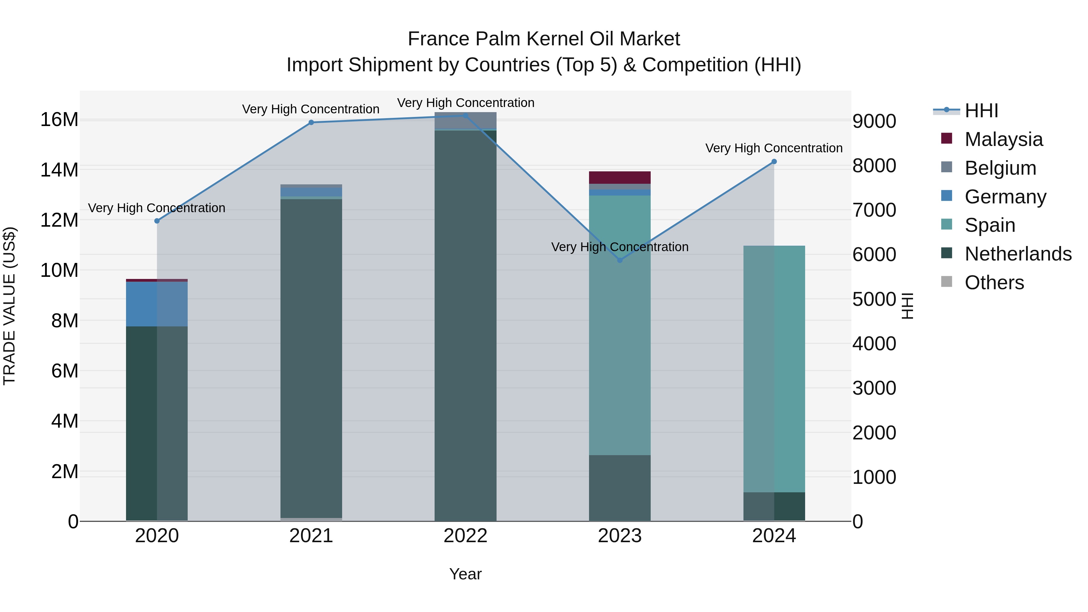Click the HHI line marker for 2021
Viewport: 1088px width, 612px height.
[311, 122]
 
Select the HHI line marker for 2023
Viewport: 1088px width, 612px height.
[620, 260]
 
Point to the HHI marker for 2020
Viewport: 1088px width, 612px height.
[157, 221]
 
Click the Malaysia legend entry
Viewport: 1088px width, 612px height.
[1003, 139]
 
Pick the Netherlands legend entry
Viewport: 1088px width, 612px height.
[1018, 254]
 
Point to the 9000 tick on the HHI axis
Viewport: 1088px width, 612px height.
[874, 121]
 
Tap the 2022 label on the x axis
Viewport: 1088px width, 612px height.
[465, 536]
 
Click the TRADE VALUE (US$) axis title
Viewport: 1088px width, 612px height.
[9, 306]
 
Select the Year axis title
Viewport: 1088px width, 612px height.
[465, 574]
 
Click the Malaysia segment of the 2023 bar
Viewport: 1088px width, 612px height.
[620, 177]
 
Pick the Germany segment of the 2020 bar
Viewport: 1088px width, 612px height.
[157, 304]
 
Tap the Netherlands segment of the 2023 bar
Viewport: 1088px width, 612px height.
[620, 488]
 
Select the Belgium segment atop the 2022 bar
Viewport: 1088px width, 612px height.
[465, 120]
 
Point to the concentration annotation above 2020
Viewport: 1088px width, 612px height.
[157, 208]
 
